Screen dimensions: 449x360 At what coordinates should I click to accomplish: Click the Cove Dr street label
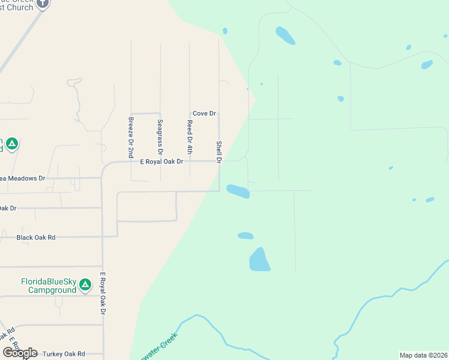coord(204,113)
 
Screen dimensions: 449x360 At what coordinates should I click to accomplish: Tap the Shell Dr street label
coord(219,152)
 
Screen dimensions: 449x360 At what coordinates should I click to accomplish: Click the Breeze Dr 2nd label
coord(131,137)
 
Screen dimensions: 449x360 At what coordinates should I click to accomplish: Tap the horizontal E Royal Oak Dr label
coord(161,161)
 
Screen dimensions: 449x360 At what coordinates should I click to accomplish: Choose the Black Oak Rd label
coord(36,238)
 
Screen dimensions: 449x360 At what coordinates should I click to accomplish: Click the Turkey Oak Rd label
coord(60,354)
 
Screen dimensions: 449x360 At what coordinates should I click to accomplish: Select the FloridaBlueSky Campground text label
coord(49,286)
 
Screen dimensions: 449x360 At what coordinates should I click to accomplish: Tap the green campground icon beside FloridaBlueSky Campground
coord(85,284)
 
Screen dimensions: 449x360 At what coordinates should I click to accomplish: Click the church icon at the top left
coord(42,4)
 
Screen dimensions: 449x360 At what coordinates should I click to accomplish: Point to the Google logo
coord(20,353)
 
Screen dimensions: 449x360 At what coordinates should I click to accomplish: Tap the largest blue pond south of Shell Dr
coord(260,260)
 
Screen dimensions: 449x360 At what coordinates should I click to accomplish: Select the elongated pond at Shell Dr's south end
coord(238,191)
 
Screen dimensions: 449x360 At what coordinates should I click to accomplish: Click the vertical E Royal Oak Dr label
coord(103,293)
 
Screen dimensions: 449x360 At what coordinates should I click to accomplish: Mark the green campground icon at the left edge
coord(12,144)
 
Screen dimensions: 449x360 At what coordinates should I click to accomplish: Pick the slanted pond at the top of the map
coord(285,35)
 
